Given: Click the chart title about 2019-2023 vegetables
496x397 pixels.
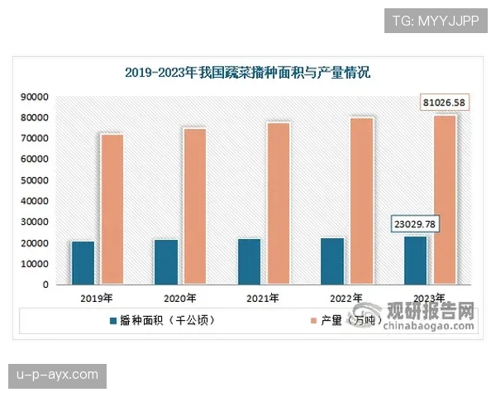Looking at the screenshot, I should point(247,72).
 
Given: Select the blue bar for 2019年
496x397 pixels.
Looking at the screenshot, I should point(83,263).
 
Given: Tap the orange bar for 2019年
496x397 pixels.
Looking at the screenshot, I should point(112,209).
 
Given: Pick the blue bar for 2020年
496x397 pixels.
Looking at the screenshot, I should point(165,262).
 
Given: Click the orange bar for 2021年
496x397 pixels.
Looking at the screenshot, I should point(278,203).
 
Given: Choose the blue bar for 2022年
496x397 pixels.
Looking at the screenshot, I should point(332,261).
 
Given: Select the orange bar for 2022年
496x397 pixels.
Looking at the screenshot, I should point(361,201).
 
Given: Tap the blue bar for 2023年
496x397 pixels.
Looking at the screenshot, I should point(416,261).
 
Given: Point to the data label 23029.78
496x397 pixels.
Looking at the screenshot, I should point(413,224).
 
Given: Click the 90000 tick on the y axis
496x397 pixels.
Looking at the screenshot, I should point(34,97).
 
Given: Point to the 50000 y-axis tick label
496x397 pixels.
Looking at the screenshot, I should point(34,180).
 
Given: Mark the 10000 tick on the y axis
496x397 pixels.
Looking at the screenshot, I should point(34,264).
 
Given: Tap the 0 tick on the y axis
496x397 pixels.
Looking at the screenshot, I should point(45,285).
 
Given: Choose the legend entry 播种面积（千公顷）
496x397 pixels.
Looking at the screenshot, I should point(160,319).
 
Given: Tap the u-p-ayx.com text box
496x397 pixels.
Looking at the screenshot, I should point(58,375).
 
